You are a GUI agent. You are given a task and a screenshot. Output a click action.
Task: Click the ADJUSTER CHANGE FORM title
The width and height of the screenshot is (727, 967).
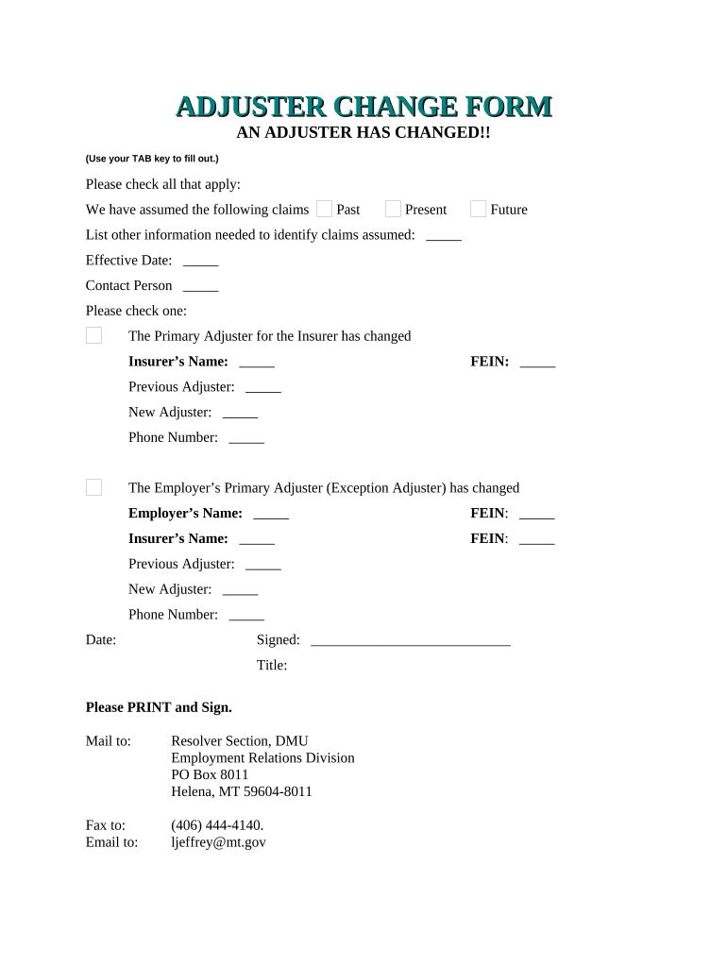coord(363,107)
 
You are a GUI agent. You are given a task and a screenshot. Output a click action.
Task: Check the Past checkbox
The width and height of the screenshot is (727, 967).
coord(324,209)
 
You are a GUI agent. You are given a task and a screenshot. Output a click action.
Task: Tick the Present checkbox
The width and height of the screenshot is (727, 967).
coord(393,209)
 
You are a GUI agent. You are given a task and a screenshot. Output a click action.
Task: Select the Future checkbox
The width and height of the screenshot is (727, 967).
coord(478,209)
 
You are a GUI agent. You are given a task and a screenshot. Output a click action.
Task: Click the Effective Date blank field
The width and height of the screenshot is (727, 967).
coord(200,262)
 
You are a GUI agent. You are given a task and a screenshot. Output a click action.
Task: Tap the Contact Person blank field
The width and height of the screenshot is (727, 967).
coord(200,287)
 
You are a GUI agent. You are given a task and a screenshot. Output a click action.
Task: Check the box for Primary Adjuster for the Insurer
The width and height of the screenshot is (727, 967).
coord(93,335)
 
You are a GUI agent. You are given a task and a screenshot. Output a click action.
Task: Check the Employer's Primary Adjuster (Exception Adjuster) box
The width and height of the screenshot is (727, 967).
coord(93,487)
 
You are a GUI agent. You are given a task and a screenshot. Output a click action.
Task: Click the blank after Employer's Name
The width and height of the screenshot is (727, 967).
coord(271,515)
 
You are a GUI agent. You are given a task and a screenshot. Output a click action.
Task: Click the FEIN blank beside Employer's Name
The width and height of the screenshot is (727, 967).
coord(536,515)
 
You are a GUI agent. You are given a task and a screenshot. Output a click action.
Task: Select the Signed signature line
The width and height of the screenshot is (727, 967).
coord(410,641)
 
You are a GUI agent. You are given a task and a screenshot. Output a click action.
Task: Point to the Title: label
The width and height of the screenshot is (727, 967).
coord(272,665)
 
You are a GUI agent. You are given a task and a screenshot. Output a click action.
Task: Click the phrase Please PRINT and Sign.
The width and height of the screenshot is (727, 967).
coord(159,706)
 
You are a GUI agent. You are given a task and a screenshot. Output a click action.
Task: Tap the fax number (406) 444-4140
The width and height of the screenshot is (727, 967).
coord(217,824)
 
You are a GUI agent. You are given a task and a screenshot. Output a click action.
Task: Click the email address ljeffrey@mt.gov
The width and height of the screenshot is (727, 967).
coord(218,841)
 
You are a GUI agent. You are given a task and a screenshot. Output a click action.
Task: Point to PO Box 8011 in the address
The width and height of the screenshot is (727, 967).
coord(210,774)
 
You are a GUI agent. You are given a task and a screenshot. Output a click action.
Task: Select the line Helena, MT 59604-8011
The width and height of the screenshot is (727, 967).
coord(241,791)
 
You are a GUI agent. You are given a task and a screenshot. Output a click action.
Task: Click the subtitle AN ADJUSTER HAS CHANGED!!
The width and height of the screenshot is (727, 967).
coord(363,133)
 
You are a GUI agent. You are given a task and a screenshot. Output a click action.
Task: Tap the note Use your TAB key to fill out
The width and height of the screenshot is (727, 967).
coord(152,159)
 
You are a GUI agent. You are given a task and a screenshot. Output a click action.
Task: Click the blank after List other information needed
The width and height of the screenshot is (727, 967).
coord(444,236)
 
